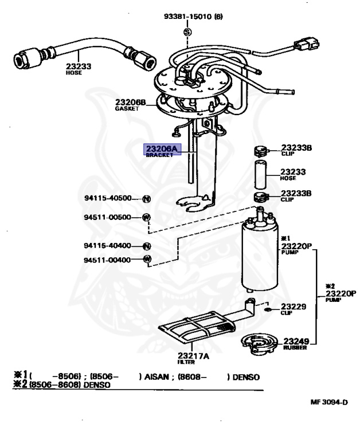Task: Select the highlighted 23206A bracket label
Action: point(162,150)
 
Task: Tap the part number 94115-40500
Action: point(108,199)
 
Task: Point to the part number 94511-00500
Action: point(108,217)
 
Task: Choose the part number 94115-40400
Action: point(108,246)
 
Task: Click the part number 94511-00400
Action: point(108,260)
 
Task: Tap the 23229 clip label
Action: point(293,307)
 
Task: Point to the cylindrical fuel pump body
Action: point(260,255)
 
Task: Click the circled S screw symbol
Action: point(187,32)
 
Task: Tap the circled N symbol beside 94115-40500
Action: point(146,199)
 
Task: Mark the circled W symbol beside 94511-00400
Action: point(146,260)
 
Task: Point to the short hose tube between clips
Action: point(259,175)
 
